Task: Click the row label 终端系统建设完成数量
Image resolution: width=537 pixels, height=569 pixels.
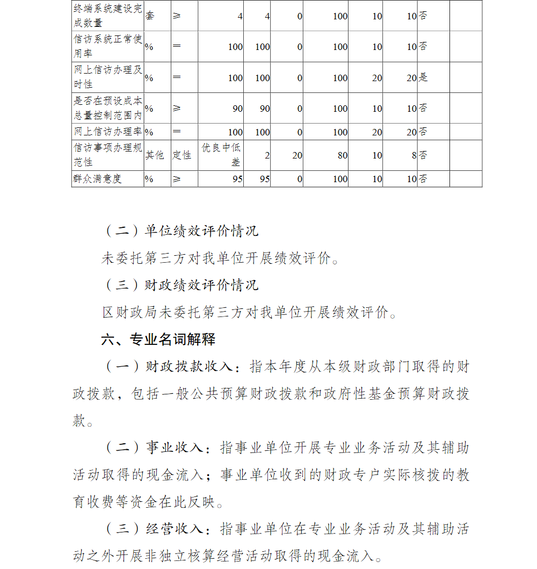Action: (107, 16)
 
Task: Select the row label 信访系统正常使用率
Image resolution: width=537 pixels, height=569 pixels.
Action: (107, 46)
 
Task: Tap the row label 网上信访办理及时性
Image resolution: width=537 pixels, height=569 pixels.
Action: (107, 77)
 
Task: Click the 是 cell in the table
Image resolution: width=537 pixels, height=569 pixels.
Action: (423, 77)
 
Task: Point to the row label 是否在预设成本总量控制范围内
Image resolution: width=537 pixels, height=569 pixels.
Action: (107, 108)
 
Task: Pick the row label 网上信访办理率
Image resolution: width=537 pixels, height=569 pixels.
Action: (107, 131)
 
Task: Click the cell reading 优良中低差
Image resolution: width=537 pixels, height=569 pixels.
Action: (221, 155)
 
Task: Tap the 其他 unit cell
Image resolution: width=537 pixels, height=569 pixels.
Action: (155, 155)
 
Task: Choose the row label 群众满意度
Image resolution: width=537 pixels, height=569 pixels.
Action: (97, 179)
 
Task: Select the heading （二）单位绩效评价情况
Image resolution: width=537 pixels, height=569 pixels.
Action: (180, 231)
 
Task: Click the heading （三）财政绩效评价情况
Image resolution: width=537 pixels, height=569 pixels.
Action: (180, 285)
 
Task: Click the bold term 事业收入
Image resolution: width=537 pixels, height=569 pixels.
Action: (173, 448)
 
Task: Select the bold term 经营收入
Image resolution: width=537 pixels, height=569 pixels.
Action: (173, 529)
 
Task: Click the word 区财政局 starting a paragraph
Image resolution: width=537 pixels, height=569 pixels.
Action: (123, 312)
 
